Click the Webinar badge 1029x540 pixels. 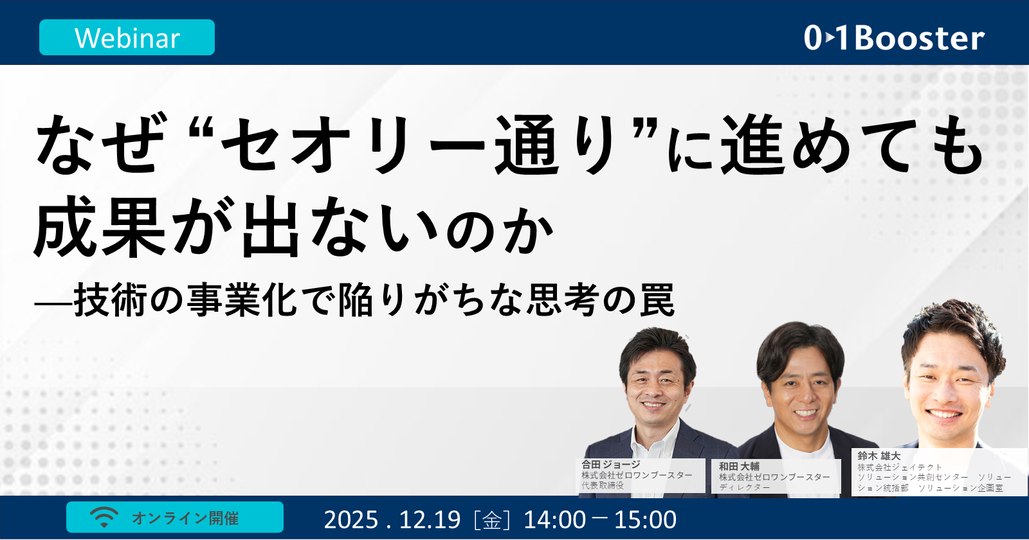pyautogui.click(x=127, y=38)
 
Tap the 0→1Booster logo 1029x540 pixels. pyautogui.click(x=894, y=38)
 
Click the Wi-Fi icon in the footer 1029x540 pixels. pyautogui.click(x=104, y=517)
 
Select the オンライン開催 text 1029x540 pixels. pyautogui.click(x=185, y=518)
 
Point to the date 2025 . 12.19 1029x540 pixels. pyautogui.click(x=392, y=519)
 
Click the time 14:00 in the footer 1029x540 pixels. pyautogui.click(x=554, y=519)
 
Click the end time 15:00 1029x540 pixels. pyautogui.click(x=645, y=519)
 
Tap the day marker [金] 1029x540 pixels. pyautogui.click(x=492, y=519)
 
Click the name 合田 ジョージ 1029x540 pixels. pyautogui.click(x=611, y=464)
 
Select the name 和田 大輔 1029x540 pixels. pyautogui.click(x=739, y=466)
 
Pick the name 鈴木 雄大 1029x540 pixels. pyautogui.click(x=879, y=456)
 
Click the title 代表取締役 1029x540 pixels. pyautogui.click(x=603, y=485)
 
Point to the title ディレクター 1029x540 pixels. pyautogui.click(x=744, y=487)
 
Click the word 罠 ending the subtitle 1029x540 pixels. pyautogui.click(x=657, y=301)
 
